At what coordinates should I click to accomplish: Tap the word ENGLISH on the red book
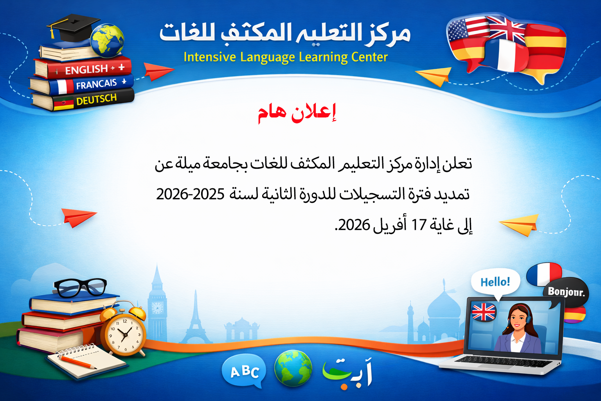coord(86,70)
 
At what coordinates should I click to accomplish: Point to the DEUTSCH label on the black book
coord(96,99)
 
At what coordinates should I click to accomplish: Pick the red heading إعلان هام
coord(297,113)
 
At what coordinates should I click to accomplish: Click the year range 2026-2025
coord(190,194)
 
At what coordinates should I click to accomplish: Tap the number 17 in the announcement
coord(418,225)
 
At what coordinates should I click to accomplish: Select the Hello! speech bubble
coord(495,282)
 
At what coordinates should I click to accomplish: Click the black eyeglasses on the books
coord(80,287)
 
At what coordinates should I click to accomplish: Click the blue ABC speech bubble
coord(244,371)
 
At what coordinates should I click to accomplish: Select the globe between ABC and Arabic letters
coord(293,368)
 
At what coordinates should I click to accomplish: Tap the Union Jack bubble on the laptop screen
coord(484,312)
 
